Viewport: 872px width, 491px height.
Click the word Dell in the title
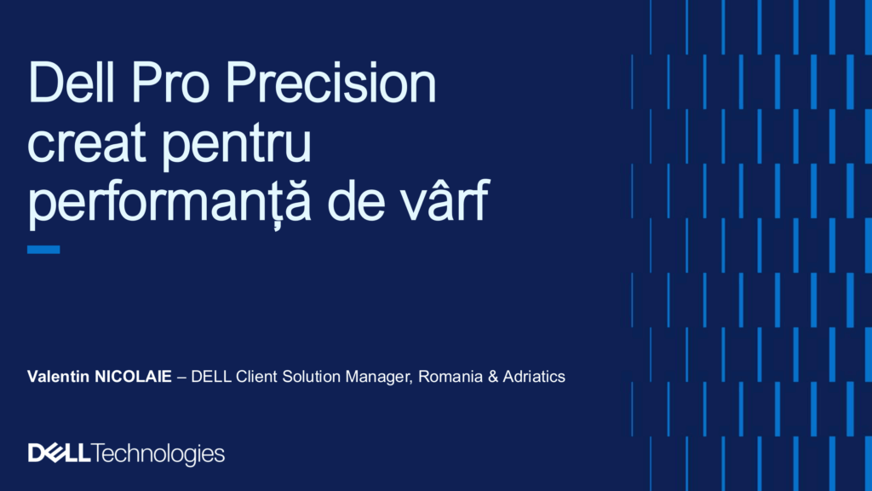[71, 83]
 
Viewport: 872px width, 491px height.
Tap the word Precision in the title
[330, 83]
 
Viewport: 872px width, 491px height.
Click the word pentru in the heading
[237, 146]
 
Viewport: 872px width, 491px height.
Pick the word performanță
[169, 203]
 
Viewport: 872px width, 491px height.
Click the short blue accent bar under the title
[43, 250]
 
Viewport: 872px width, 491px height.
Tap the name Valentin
[59, 376]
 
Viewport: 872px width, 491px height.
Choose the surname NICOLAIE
[134, 376]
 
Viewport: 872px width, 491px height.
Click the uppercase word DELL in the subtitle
[211, 376]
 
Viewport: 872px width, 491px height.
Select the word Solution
[312, 376]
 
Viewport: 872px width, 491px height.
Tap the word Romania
[450, 376]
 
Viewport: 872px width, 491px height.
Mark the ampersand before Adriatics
[493, 376]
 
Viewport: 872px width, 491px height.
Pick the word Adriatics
[534, 376]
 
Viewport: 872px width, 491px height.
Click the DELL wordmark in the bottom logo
[59, 453]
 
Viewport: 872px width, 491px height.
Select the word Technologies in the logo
[158, 454]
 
